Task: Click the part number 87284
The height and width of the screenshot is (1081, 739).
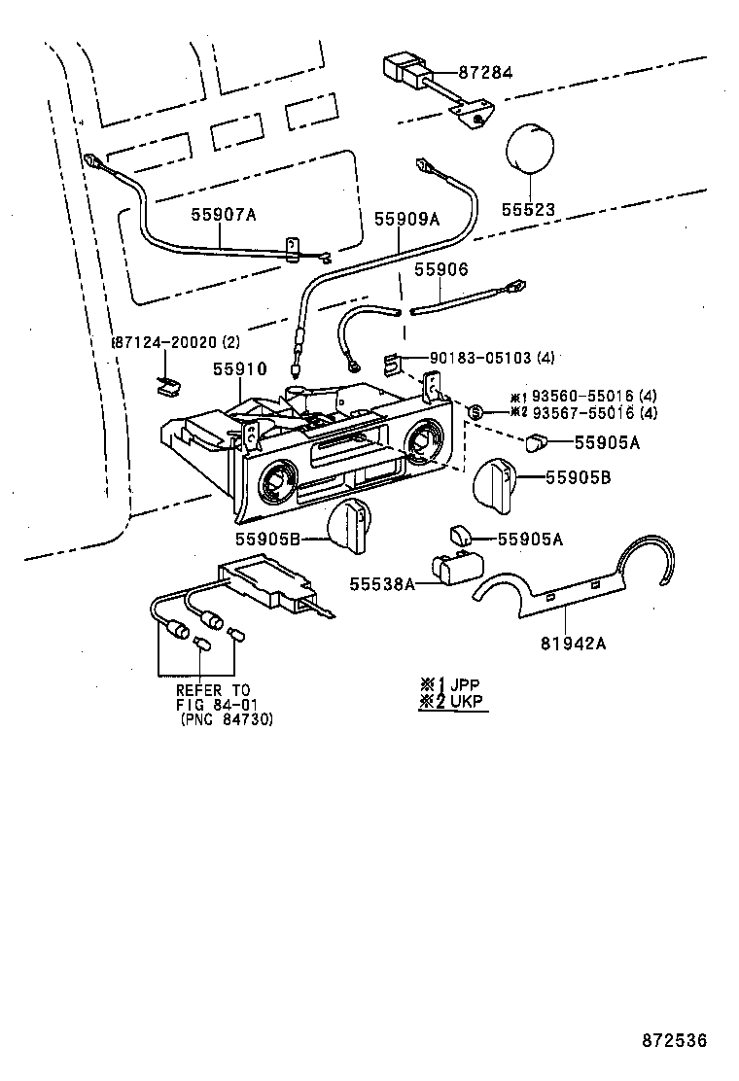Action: tap(485, 72)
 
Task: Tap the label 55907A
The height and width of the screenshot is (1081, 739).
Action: tap(224, 215)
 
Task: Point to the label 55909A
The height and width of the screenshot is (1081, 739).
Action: tap(406, 219)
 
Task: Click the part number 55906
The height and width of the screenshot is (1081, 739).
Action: tap(440, 269)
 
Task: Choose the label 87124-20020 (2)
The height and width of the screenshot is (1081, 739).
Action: tap(176, 342)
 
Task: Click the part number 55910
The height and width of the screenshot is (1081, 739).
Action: tap(239, 368)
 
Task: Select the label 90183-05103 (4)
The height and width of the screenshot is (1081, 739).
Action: tap(491, 358)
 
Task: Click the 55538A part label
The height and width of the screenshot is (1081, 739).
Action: tap(382, 584)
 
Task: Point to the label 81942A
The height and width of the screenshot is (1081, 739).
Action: tap(573, 644)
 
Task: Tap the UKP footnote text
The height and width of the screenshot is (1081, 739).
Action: tap(467, 702)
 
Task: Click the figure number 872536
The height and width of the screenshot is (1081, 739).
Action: tap(675, 1039)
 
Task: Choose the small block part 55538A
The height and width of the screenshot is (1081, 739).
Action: tap(456, 566)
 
